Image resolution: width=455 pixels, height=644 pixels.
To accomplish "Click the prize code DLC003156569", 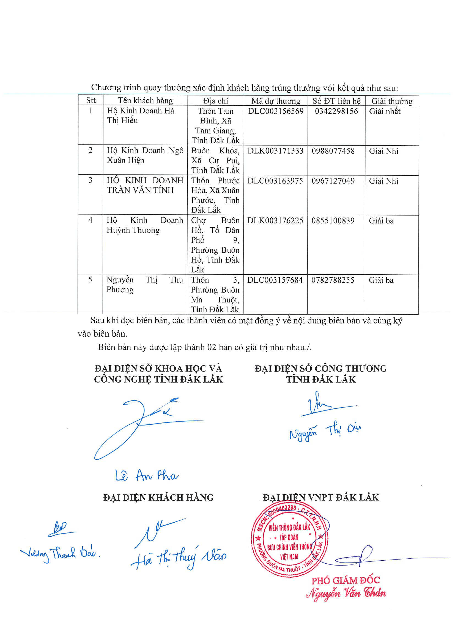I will pos(276,111).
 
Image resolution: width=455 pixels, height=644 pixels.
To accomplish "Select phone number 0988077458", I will pos(333,151).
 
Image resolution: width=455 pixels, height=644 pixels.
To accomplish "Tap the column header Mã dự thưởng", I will pos(276,101).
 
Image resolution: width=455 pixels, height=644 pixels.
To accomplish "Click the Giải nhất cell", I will pos(385,111).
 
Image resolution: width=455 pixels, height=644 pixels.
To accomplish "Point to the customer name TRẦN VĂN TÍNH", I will pos(140,190).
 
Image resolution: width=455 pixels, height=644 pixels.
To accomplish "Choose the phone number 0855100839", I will pos(333,221).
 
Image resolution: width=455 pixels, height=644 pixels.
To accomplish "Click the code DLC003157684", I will pos(275,280).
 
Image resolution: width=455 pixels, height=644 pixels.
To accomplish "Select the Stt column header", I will pos(91,100).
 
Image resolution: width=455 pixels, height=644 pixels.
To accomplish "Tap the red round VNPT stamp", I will pos(290,542).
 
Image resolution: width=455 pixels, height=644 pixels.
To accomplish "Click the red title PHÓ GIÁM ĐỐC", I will pos(346,580).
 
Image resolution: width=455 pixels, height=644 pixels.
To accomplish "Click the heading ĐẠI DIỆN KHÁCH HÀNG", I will pos(158,498).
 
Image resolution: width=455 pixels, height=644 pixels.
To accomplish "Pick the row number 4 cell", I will pos(90,220).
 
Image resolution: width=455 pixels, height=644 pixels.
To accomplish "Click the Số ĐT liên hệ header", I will pos(336,101).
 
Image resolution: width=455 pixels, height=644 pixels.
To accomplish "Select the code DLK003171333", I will pos(275,151).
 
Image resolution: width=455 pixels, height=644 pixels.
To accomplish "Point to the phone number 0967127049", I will pos(333,181).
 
